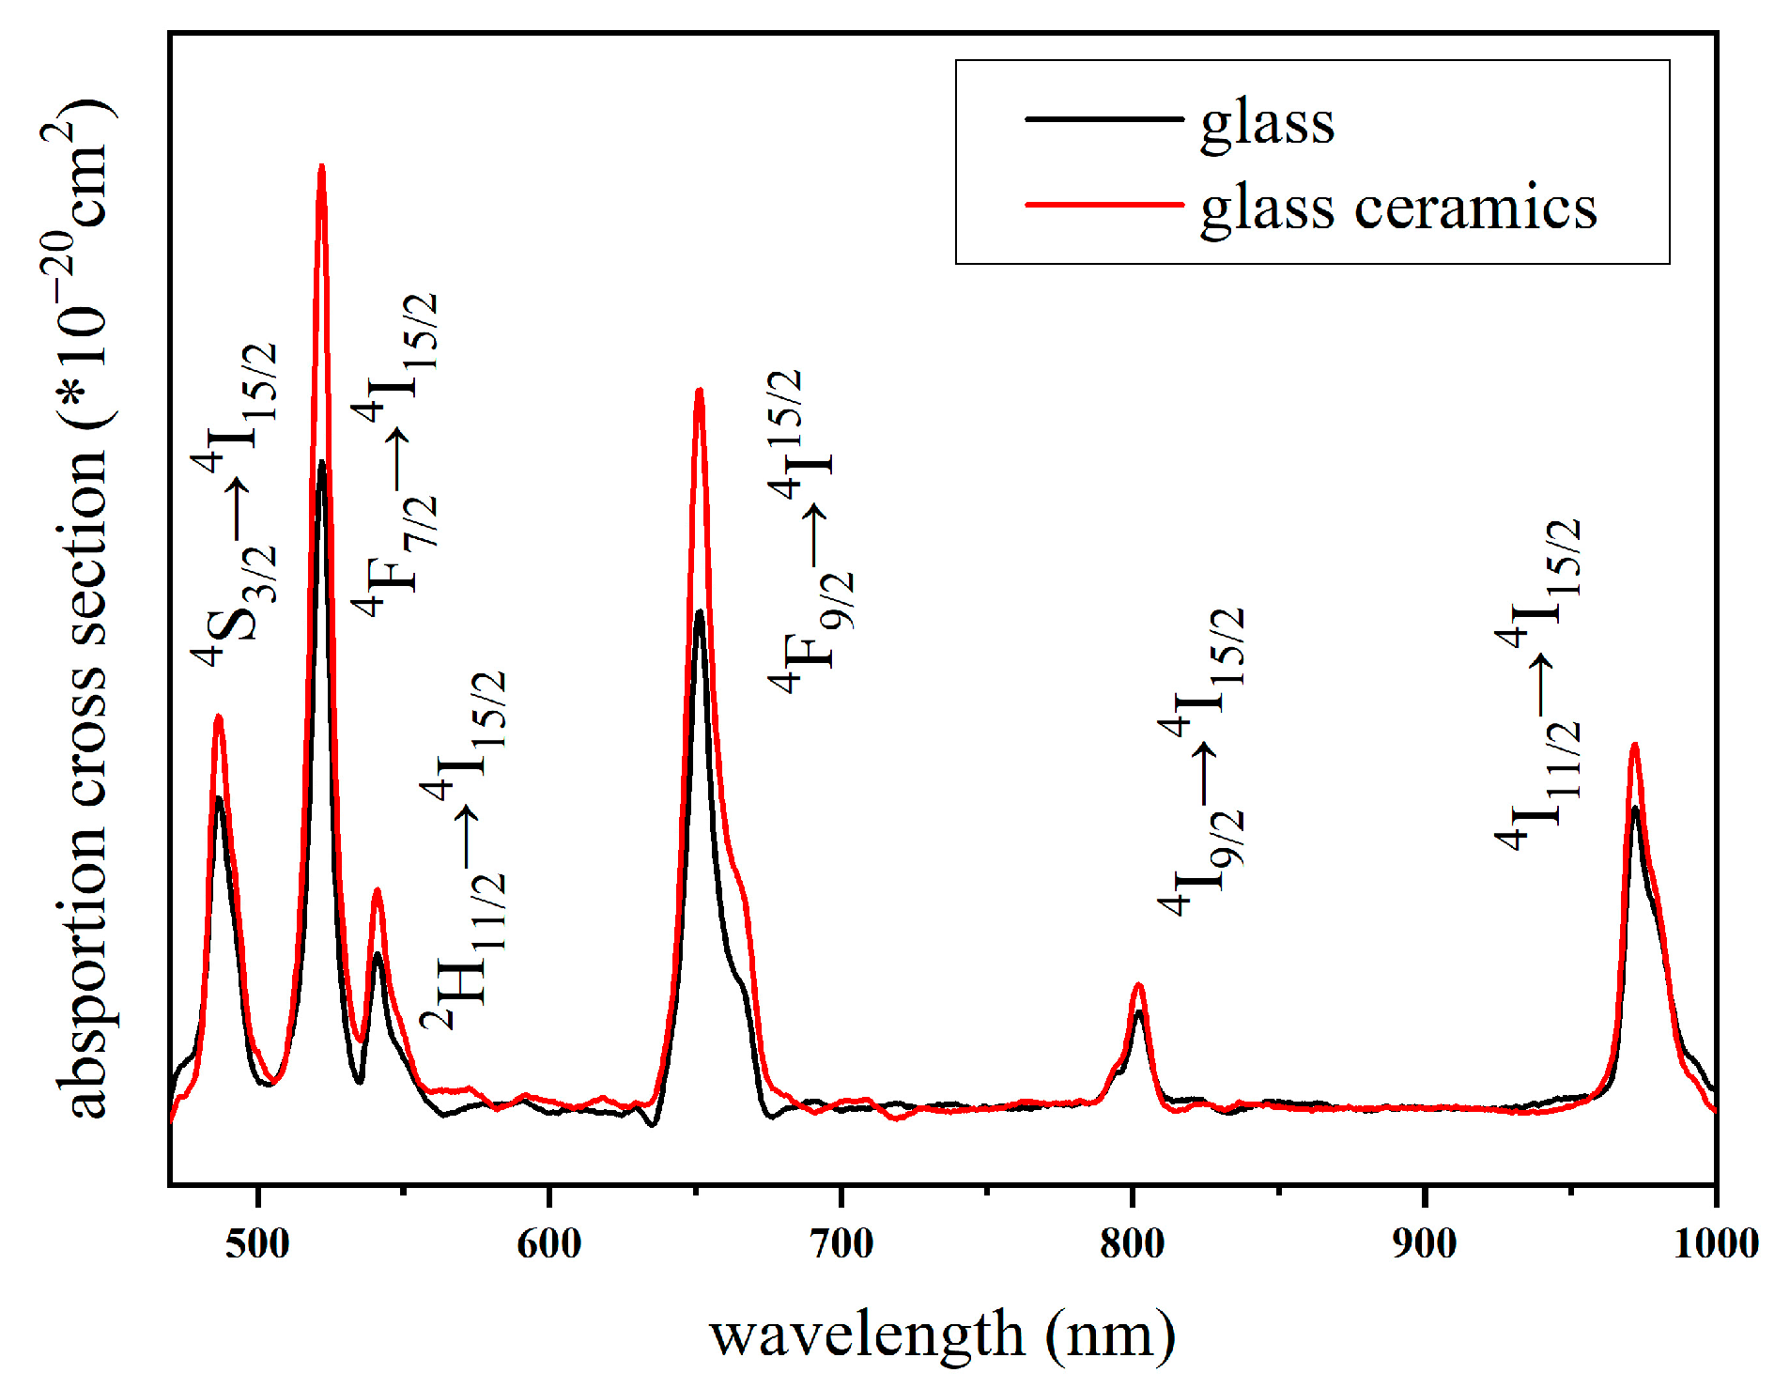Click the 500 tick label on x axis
(x=257, y=1243)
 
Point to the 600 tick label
(x=549, y=1243)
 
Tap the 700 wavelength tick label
(x=841, y=1243)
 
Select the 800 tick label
(x=1133, y=1243)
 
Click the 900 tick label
(x=1425, y=1243)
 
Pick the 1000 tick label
(x=1716, y=1243)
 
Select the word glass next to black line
(x=1267, y=123)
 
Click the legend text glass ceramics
(x=1398, y=208)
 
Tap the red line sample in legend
(x=1103, y=204)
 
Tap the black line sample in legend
(x=1103, y=118)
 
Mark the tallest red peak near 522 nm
(x=321, y=167)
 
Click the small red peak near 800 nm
(x=1138, y=985)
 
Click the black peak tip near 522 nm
(x=321, y=462)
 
